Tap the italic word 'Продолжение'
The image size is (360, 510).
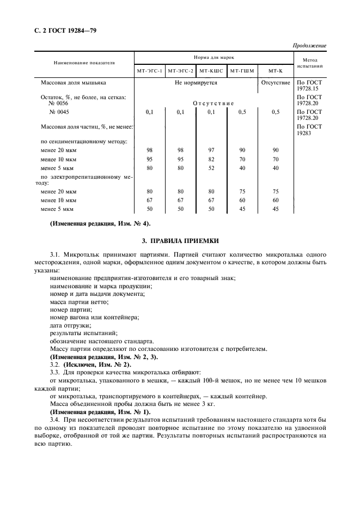point(310,45)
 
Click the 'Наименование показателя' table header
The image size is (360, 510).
point(84,63)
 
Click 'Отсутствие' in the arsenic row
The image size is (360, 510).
point(276,83)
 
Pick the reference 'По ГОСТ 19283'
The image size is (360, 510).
point(310,129)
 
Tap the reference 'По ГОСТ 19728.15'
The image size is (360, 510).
point(310,86)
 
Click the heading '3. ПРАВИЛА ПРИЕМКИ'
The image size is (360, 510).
point(180,240)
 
